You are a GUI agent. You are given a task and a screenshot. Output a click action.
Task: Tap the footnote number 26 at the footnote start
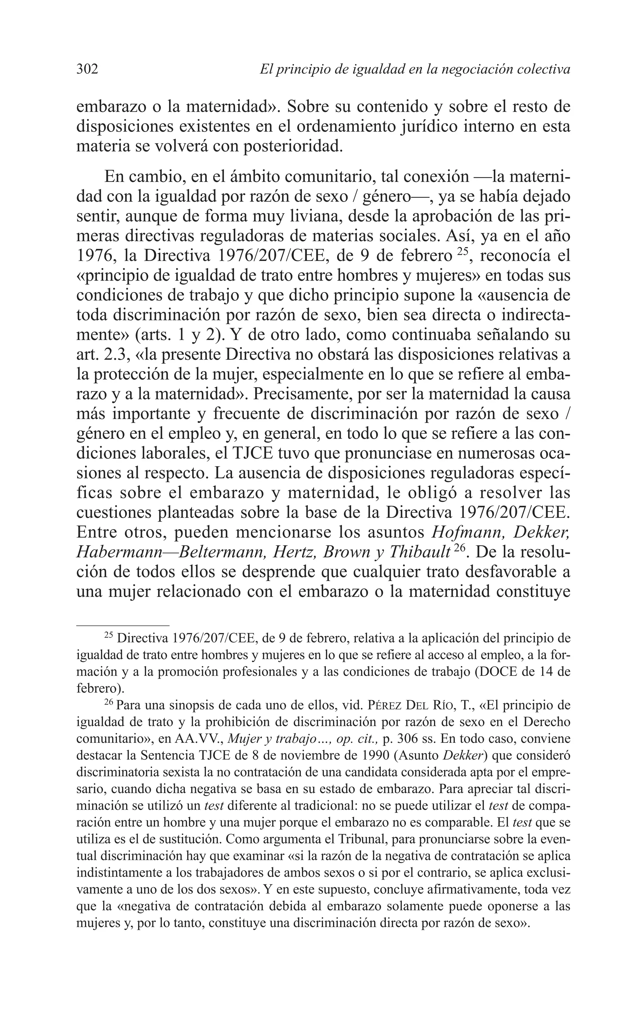tap(108, 702)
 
